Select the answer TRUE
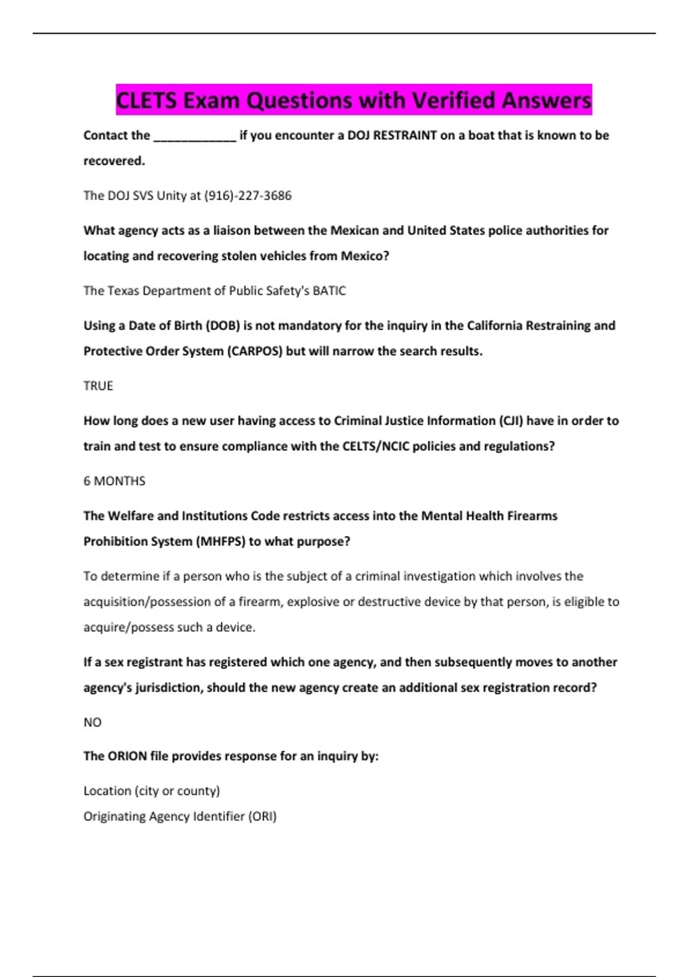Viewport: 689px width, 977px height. coord(98,386)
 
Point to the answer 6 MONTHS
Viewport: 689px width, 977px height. coord(114,481)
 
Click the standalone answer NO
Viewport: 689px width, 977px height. coord(92,722)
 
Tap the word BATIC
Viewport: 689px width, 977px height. coord(329,291)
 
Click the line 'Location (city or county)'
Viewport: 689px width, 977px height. coord(152,791)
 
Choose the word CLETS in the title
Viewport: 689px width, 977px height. coord(146,101)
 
